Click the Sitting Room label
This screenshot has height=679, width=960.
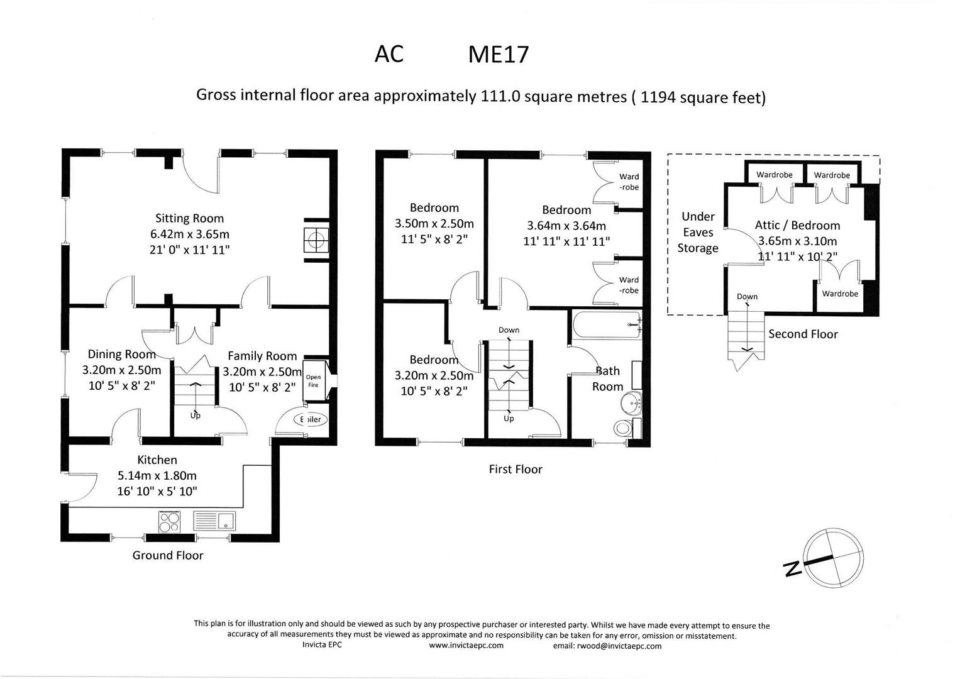pyautogui.click(x=189, y=218)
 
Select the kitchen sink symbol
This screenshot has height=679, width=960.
pyautogui.click(x=214, y=521)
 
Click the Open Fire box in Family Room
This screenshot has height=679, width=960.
pyautogui.click(x=313, y=381)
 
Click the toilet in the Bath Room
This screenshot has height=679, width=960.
pyautogui.click(x=622, y=428)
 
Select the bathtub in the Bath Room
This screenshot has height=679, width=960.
pyautogui.click(x=606, y=325)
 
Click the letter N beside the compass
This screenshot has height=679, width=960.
pyautogui.click(x=792, y=569)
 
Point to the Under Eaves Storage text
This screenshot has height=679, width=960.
pyautogui.click(x=698, y=232)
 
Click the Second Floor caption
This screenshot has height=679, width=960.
pyautogui.click(x=803, y=334)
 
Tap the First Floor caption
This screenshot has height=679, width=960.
pyautogui.click(x=515, y=469)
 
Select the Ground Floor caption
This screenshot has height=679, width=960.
pyautogui.click(x=168, y=555)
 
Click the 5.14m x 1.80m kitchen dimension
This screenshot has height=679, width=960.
pyautogui.click(x=157, y=475)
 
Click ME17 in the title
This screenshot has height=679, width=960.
pyautogui.click(x=498, y=55)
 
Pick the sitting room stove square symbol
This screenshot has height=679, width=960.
pyautogui.click(x=315, y=239)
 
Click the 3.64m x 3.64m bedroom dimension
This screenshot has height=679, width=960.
pyautogui.click(x=566, y=226)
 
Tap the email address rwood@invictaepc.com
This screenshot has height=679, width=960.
pyautogui.click(x=607, y=646)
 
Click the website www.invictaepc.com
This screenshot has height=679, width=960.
pyautogui.click(x=466, y=646)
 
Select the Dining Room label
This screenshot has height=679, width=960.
pyautogui.click(x=121, y=354)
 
